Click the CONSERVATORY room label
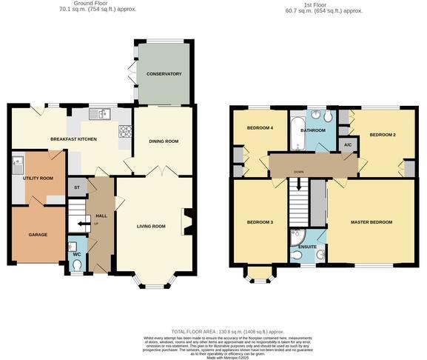[x=164, y=74]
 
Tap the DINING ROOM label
[x=164, y=141]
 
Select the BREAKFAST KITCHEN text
[x=74, y=139]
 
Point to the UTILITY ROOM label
[x=38, y=179]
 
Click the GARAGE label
[x=38, y=235]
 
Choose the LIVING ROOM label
[x=151, y=227]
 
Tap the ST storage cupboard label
[x=76, y=188]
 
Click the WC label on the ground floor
[x=76, y=254]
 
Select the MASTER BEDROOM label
[x=371, y=222]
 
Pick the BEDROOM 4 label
[x=260, y=128]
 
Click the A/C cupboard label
[x=347, y=145]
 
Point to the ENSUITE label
[x=308, y=247]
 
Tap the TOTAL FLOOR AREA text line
[x=227, y=332]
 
